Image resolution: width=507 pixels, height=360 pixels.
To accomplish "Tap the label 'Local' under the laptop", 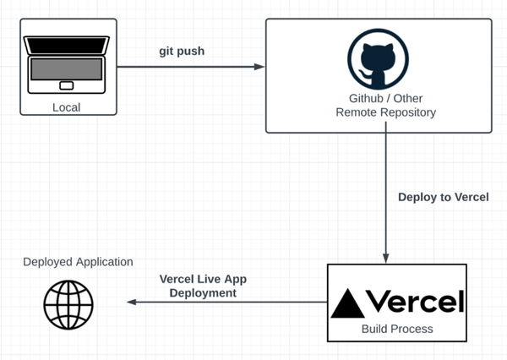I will pyautogui.click(x=66, y=107).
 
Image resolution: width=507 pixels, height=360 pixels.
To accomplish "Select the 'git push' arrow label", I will pyautogui.click(x=182, y=51).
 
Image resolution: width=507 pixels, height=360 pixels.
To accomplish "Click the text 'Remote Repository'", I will pyautogui.click(x=385, y=112).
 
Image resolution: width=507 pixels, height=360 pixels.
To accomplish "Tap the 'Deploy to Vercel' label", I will pyautogui.click(x=444, y=197).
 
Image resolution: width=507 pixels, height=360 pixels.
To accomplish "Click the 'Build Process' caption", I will pyautogui.click(x=396, y=329).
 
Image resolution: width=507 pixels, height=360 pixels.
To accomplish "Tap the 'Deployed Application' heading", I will pyautogui.click(x=78, y=262).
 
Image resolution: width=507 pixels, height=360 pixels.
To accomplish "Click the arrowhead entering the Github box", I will pyautogui.click(x=259, y=67).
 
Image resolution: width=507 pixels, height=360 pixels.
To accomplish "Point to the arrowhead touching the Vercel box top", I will pyautogui.click(x=386, y=259).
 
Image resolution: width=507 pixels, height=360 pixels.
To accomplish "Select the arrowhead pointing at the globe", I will pyautogui.click(x=130, y=302).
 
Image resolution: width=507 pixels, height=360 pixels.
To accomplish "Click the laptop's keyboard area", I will pyautogui.click(x=66, y=74).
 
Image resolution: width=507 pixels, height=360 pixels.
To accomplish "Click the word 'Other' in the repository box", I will pyautogui.click(x=409, y=98).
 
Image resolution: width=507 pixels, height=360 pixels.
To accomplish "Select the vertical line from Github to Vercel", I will pyautogui.click(x=386, y=194).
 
